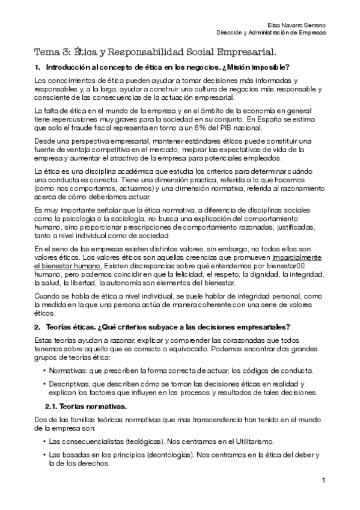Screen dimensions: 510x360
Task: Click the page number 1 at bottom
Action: point(323,480)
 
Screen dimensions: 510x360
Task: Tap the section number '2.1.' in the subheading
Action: point(52,406)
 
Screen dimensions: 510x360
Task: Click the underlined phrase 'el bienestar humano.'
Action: point(68,263)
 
